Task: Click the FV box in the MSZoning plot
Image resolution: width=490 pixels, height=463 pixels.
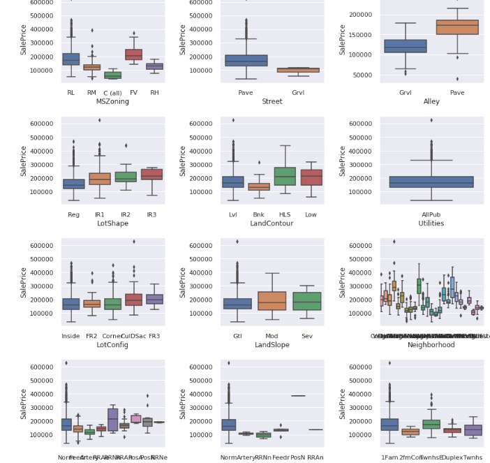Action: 133,54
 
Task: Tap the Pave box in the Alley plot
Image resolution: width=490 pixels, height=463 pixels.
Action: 457,27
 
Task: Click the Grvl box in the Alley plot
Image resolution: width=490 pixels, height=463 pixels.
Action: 405,46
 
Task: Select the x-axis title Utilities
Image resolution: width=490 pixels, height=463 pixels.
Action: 431,223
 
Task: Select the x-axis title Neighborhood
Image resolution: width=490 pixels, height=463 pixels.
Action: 431,345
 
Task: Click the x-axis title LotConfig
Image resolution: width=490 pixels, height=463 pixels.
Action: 112,345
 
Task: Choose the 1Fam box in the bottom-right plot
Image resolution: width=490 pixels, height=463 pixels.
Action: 389,425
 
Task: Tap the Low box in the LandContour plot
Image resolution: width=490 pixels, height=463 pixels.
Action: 311,177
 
